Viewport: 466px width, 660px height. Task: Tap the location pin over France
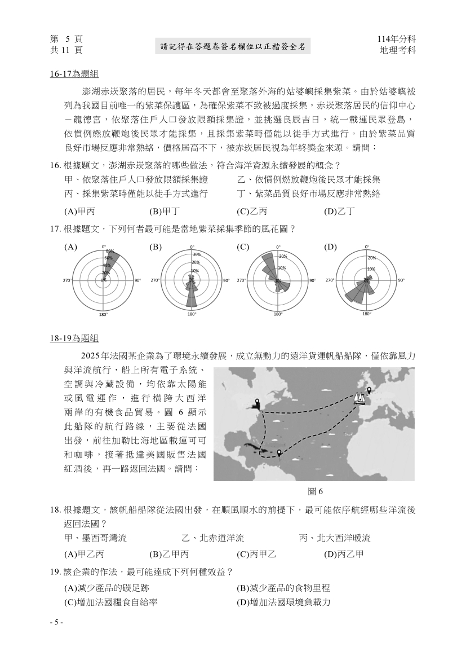tap(369, 390)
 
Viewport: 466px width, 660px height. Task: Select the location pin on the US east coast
tap(258, 403)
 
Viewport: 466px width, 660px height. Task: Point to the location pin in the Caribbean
tap(278, 452)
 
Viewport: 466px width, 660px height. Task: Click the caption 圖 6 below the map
tap(315, 491)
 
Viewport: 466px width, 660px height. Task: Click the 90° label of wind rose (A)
tap(137, 280)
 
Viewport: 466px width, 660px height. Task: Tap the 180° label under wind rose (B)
tap(192, 314)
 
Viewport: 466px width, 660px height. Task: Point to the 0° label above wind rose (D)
tap(367, 247)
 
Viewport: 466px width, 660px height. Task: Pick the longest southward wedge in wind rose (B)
tap(192, 296)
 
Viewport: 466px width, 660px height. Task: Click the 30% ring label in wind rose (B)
tap(196, 254)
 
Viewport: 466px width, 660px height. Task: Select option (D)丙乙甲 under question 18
tap(344, 553)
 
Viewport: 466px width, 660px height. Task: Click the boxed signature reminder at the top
tap(233, 47)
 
